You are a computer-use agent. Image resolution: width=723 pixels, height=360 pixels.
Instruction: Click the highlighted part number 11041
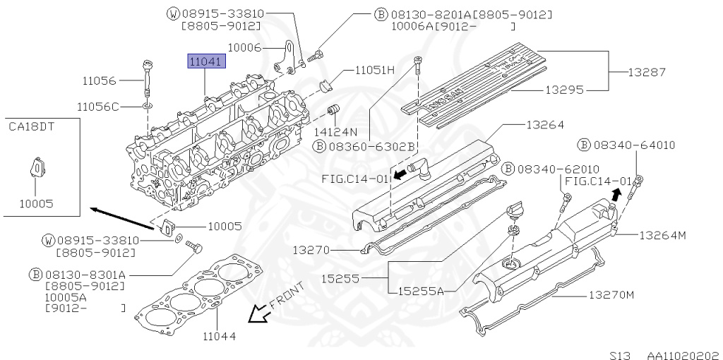pyautogui.click(x=205, y=62)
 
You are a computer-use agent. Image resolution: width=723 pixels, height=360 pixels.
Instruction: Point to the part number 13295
pyautogui.click(x=563, y=91)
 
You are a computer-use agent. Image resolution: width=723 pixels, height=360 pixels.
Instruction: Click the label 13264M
pyautogui.click(x=662, y=235)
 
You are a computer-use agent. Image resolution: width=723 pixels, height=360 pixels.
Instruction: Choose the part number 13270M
pyautogui.click(x=611, y=294)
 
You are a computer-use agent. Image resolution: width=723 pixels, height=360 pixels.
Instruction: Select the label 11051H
pyautogui.click(x=374, y=70)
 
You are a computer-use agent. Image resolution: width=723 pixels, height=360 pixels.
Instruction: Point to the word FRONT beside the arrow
pyautogui.click(x=288, y=299)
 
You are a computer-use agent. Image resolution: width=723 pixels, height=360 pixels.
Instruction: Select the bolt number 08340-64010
pyautogui.click(x=633, y=145)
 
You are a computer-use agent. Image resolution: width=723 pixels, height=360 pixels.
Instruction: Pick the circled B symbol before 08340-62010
pyautogui.click(x=507, y=169)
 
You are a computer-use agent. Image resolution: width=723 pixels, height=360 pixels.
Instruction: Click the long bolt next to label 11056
pyautogui.click(x=148, y=79)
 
